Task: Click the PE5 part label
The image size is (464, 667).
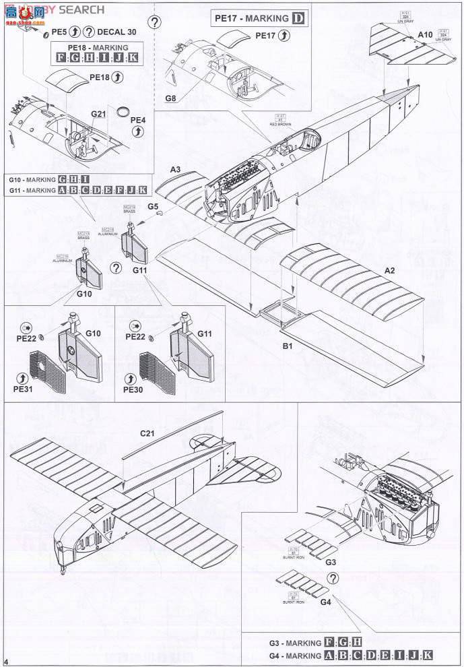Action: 59,32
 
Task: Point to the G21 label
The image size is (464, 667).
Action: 99,115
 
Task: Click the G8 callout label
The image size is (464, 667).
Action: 170,98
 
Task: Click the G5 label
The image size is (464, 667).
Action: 153,206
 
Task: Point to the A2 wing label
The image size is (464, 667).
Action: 389,270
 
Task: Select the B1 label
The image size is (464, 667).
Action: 287,346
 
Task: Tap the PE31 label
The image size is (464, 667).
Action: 22,389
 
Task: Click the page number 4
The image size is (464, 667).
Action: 6,662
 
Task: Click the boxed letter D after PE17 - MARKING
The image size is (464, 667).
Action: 298,18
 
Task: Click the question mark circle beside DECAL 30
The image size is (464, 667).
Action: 88,32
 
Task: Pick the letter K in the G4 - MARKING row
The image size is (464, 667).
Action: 426,656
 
